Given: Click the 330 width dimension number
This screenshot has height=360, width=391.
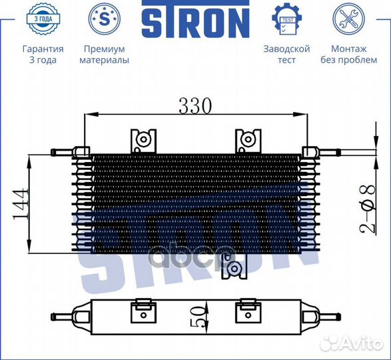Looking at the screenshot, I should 195,105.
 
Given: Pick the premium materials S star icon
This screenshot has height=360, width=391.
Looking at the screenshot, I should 104,19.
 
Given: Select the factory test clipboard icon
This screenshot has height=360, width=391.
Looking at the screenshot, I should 286,19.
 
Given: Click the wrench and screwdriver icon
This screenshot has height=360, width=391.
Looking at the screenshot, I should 348,19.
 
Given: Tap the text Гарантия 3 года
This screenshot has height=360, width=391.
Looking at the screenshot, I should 43,54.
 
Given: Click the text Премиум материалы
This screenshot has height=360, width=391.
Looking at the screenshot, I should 104,54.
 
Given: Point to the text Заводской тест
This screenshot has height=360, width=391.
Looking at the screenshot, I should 286,54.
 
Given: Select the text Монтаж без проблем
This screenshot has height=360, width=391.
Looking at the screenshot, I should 348,54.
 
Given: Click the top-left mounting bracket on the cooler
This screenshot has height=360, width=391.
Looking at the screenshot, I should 143,141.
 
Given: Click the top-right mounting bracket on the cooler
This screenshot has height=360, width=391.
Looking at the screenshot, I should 247,141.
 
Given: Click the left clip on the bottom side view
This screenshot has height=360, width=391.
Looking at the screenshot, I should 143,312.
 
